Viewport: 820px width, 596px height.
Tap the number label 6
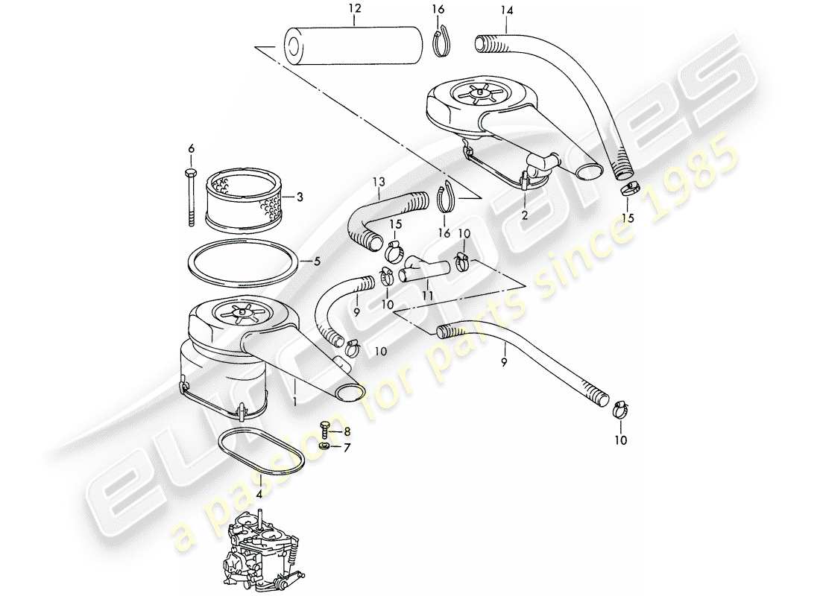[191, 149]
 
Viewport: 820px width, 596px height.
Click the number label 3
[300, 197]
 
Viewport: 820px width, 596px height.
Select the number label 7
[345, 447]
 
